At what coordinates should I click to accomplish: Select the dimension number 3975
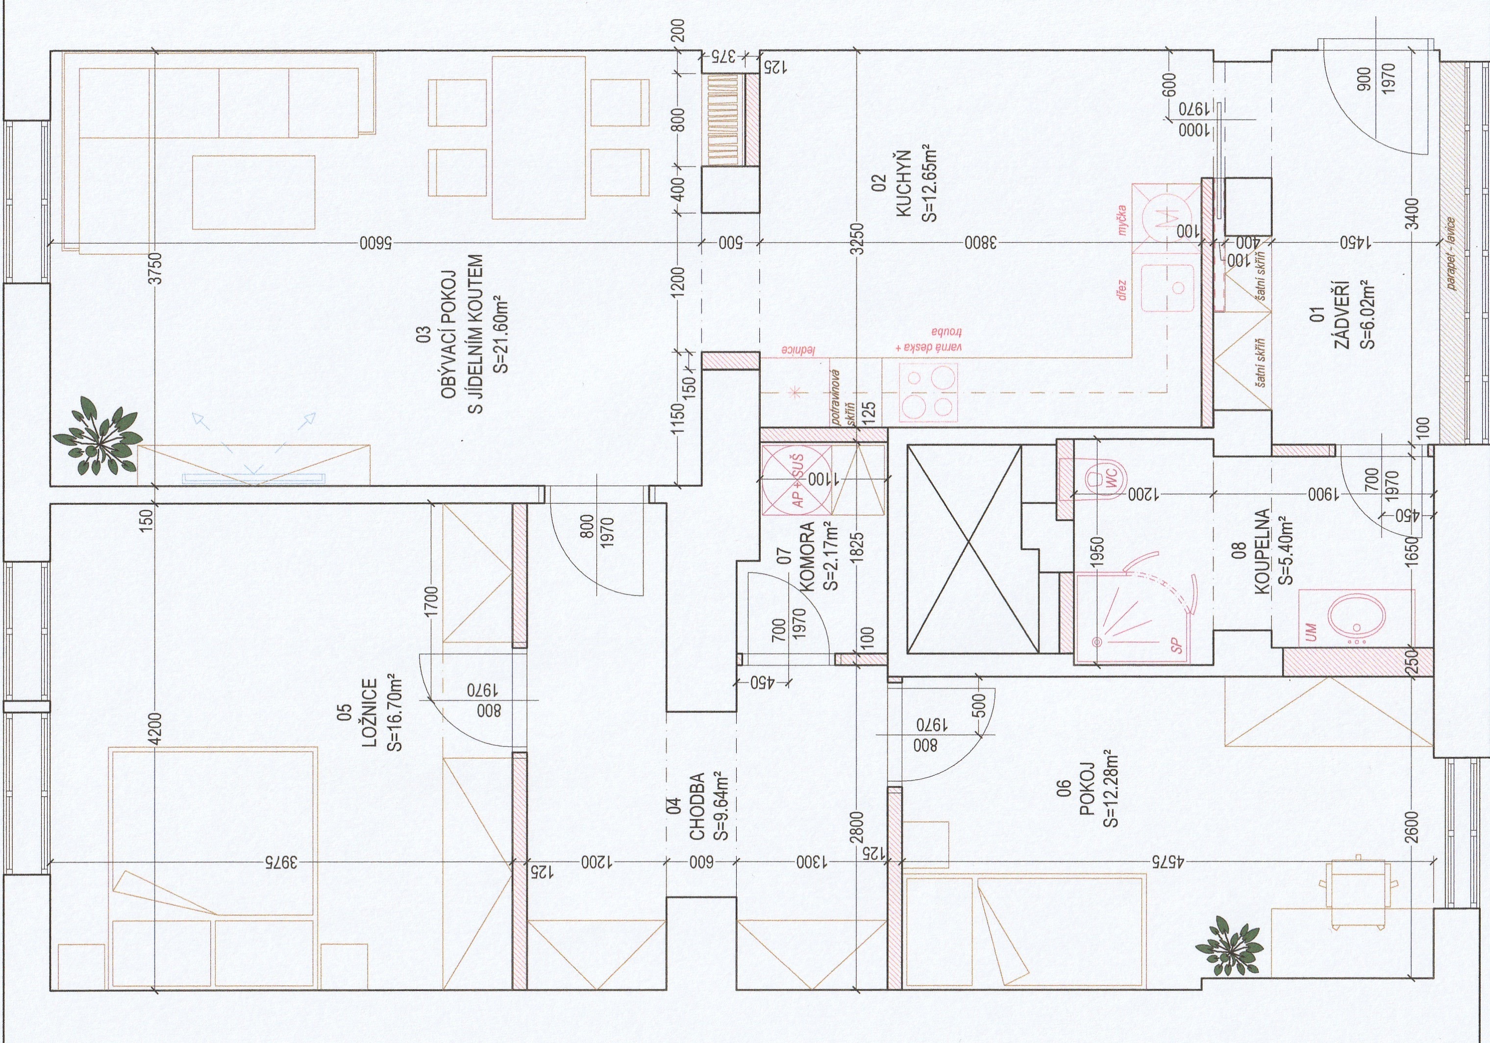coord(280,863)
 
